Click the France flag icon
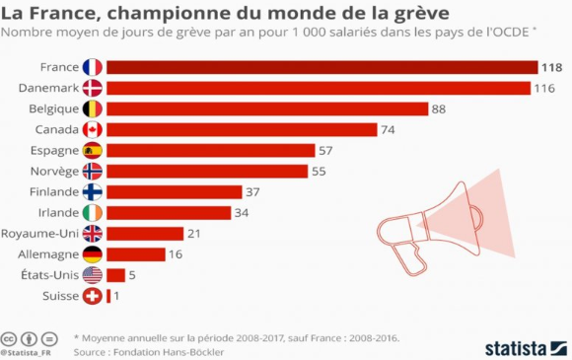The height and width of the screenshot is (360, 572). pos(93,67)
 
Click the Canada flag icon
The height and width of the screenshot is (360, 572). pos(93,129)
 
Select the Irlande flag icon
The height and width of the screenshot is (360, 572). pos(93,212)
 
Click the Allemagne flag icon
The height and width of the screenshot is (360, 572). pos(93,253)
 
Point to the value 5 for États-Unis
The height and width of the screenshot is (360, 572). pos(132,274)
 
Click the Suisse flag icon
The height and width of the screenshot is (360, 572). pos(93,295)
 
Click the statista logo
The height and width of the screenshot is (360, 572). pos(523,346)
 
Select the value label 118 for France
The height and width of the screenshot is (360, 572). pos(551,67)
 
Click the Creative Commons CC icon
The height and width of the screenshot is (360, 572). pos(9,337)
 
